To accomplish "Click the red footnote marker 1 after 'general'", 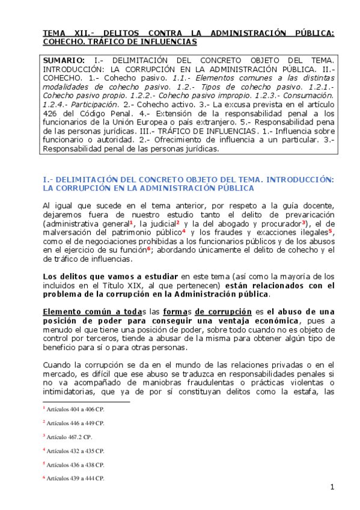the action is click(x=132, y=221).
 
